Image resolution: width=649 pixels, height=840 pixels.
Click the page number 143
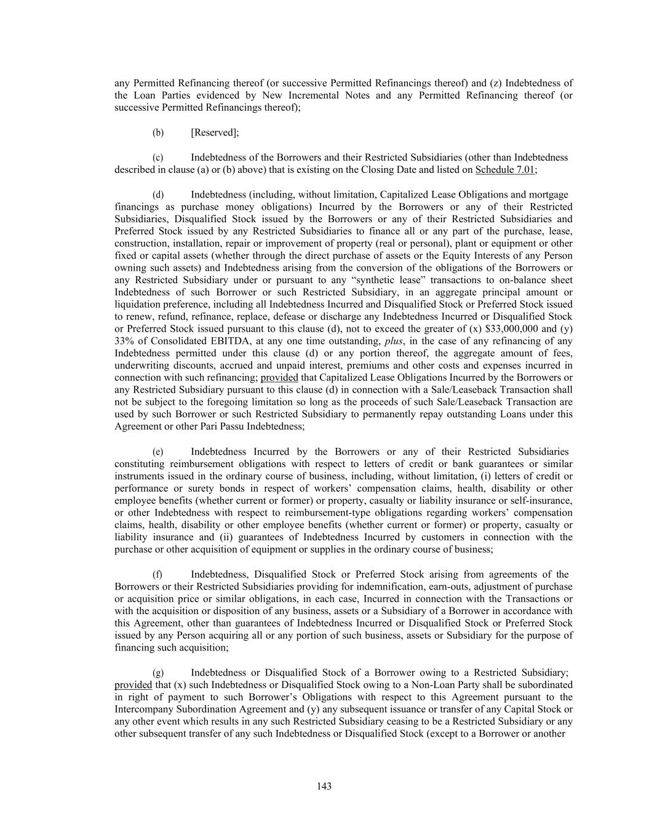(324, 786)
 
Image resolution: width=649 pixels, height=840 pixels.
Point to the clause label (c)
(158, 158)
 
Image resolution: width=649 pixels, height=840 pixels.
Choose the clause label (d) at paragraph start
(158, 194)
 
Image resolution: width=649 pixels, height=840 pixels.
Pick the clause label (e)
(158, 452)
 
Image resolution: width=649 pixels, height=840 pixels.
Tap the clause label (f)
(158, 574)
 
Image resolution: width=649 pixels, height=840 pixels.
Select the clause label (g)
(158, 673)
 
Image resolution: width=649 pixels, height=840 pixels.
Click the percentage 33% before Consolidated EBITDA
(124, 341)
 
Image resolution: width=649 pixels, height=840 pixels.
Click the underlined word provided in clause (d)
(279, 377)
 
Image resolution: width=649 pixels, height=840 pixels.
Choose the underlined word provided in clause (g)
(133, 685)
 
